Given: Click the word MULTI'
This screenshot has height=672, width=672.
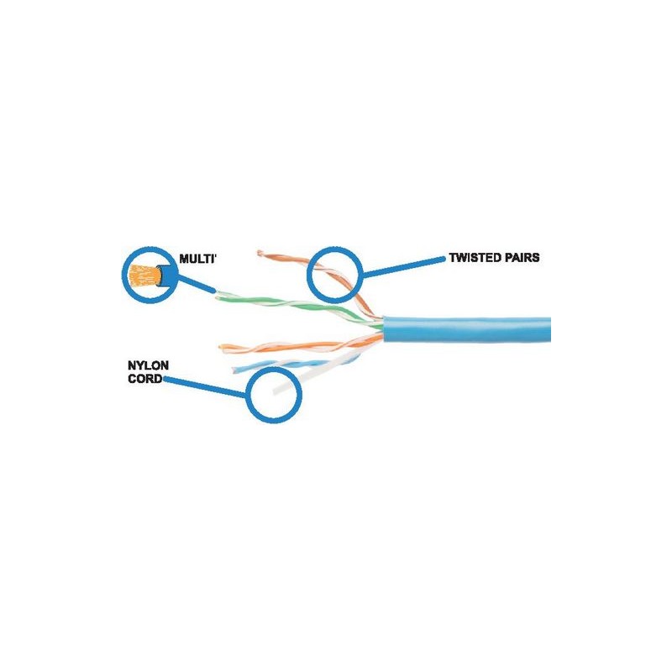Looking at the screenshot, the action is pyautogui.click(x=197, y=259).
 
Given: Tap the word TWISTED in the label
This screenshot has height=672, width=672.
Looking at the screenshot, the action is pyautogui.click(x=474, y=258).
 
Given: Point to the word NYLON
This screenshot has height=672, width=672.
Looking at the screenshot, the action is pyautogui.click(x=149, y=365).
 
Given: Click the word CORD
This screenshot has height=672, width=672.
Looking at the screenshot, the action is pyautogui.click(x=145, y=379).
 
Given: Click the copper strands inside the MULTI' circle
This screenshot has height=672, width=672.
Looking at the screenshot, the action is pyautogui.click(x=143, y=276).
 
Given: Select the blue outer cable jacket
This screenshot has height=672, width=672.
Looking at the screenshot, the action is pyautogui.click(x=466, y=329).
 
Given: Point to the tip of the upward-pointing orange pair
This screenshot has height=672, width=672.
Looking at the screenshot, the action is pyautogui.click(x=259, y=254).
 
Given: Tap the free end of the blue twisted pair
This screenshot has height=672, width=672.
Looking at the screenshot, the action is pyautogui.click(x=234, y=370).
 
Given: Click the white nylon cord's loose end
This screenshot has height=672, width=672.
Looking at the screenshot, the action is pyautogui.click(x=276, y=391).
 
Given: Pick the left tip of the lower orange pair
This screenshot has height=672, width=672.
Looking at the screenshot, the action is pyautogui.click(x=221, y=347).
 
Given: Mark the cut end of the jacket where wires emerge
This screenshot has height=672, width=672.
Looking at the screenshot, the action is pyautogui.click(x=384, y=329).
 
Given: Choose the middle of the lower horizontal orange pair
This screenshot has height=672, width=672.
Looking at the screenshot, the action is pyautogui.click(x=300, y=345).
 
